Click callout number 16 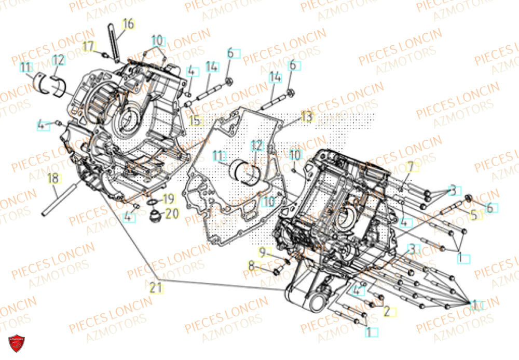[128, 24]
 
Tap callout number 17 [89, 46]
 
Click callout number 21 [156, 287]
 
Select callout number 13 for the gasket [307, 117]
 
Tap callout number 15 [195, 121]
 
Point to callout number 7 [409, 167]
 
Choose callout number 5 [473, 214]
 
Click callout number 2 [387, 312]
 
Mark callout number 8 [252, 267]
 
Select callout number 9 [263, 252]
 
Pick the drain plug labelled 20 [155, 215]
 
